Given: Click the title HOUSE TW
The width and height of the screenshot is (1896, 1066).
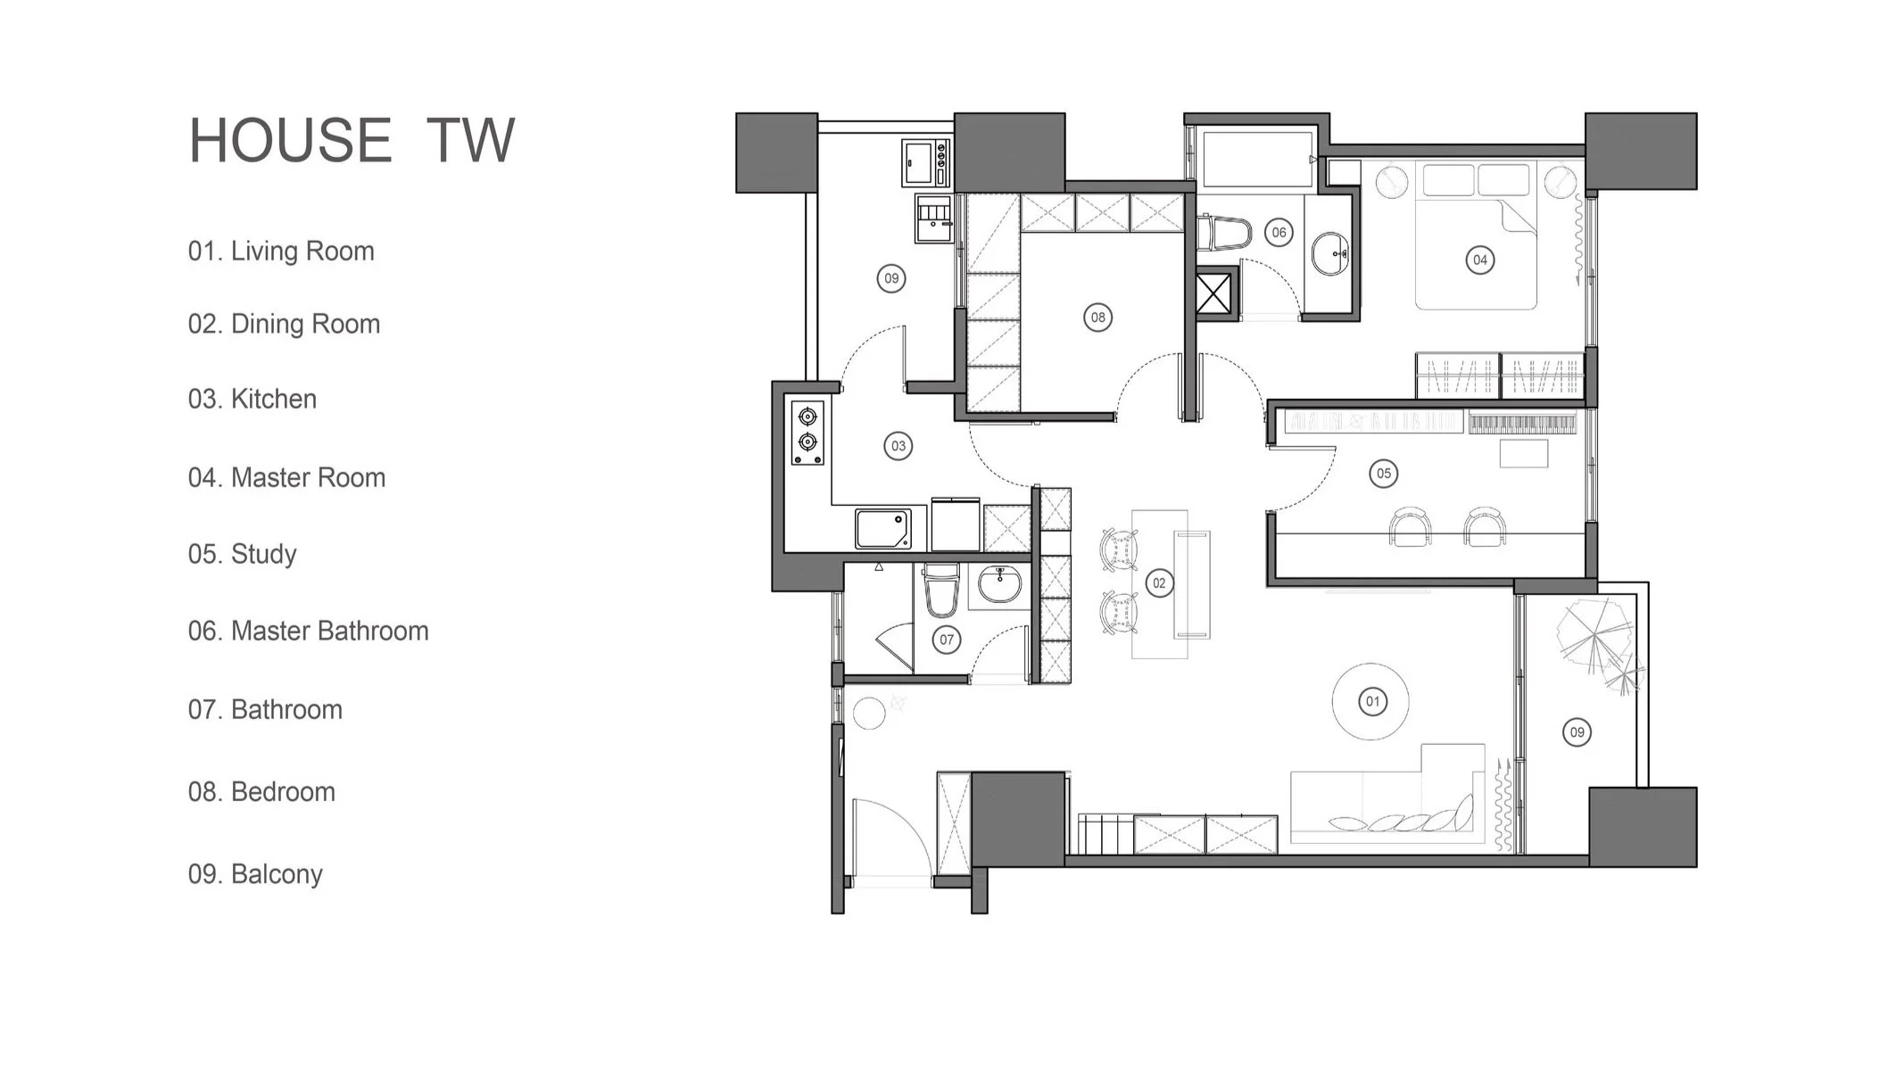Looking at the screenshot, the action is (352, 140).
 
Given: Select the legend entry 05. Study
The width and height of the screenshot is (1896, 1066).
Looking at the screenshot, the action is (242, 554).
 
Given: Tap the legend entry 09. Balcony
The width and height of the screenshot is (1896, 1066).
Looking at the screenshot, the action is (255, 874).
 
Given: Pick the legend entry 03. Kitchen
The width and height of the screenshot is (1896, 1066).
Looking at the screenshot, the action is (252, 399).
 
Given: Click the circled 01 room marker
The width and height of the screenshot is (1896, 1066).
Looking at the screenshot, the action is (1372, 701).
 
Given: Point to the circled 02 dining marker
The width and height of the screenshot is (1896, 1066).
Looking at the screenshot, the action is (1158, 583).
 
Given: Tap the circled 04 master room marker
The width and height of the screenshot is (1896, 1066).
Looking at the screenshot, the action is (1479, 260).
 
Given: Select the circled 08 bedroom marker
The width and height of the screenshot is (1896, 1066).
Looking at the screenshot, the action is (1097, 317).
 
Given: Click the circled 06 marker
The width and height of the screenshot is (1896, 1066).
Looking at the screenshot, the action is (1279, 233).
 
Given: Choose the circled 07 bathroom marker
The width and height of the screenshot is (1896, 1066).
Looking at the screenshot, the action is (947, 639).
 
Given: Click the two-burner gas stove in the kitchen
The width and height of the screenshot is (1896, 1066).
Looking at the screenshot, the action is (807, 432).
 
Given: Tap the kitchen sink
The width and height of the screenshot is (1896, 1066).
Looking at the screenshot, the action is (883, 528).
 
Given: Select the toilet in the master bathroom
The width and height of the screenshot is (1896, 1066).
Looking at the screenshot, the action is (1221, 233).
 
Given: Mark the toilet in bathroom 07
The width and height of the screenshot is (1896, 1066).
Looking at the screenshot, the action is (940, 589).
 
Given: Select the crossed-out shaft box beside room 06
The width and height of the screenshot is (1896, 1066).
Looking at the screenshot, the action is (1213, 293).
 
